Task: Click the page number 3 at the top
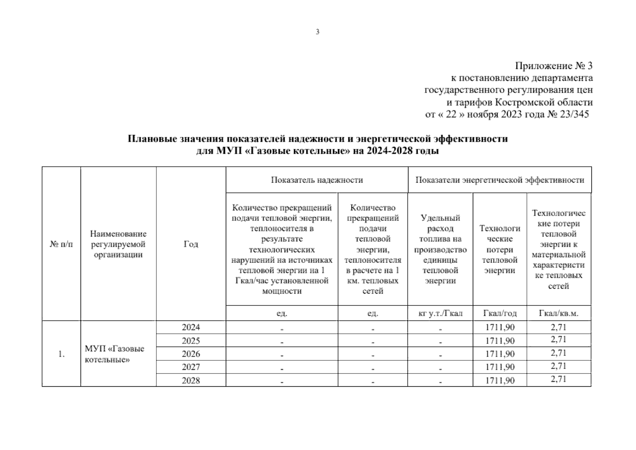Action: click(x=318, y=32)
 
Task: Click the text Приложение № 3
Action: click(x=553, y=66)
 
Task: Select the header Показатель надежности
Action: click(x=317, y=180)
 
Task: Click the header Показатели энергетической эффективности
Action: click(x=499, y=180)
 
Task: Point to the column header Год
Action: click(x=191, y=244)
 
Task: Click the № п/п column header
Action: click(x=61, y=244)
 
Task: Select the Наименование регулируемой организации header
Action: click(x=118, y=244)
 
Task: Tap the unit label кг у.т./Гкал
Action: click(x=440, y=313)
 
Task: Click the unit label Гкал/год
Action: click(x=500, y=313)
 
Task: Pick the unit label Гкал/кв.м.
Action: click(x=558, y=313)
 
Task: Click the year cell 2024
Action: click(x=191, y=327)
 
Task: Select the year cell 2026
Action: click(x=191, y=354)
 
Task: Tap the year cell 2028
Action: click(x=191, y=381)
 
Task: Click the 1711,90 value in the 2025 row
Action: click(x=500, y=341)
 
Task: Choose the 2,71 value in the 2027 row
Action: click(x=558, y=366)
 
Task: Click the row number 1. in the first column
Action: click(x=61, y=354)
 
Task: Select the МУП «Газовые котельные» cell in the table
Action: click(x=114, y=354)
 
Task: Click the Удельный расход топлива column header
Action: click(x=440, y=249)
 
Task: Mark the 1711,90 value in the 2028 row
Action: click(x=500, y=381)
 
